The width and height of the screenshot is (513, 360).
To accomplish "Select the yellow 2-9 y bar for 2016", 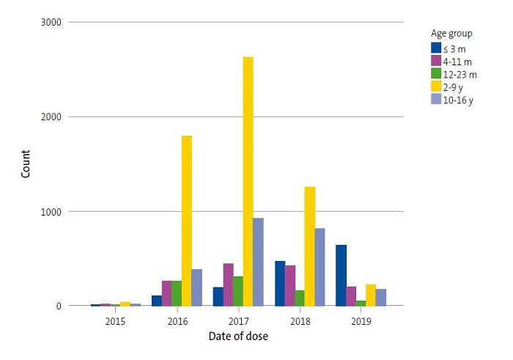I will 187,221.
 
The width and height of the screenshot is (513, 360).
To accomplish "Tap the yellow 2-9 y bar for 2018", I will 309,246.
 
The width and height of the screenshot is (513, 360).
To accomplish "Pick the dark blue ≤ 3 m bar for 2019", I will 340,275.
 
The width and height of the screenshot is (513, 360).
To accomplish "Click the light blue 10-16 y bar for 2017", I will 259,262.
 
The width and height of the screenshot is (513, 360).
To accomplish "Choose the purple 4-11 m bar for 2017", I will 228,284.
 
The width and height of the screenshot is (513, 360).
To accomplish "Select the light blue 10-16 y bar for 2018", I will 320,267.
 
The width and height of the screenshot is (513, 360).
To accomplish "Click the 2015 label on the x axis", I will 115,321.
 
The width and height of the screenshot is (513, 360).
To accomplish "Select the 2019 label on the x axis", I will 361,321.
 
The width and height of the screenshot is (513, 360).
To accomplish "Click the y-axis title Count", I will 26,164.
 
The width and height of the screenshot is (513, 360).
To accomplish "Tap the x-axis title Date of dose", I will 237,337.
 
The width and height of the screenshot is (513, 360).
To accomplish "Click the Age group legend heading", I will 451,33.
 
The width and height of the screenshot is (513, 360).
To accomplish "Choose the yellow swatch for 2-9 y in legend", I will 435,87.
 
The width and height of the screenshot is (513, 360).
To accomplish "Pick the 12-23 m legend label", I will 460,74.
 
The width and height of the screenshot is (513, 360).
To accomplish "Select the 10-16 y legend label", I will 458,100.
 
